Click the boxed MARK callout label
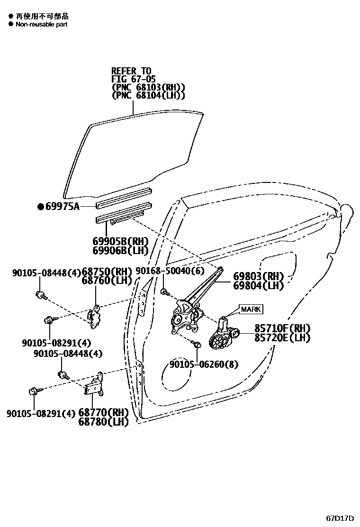pyautogui.click(x=251, y=309)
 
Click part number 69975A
pyautogui.click(x=63, y=206)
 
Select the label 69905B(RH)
pyautogui.click(x=120, y=242)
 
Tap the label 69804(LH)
pyautogui.click(x=258, y=285)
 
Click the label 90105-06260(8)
pyautogui.click(x=204, y=364)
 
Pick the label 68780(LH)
pyautogui.click(x=103, y=421)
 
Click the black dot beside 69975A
pyautogui.click(x=41, y=206)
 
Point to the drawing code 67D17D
pyautogui.click(x=340, y=517)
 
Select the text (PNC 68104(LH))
pyautogui.click(x=148, y=95)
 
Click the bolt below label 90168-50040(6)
pyautogui.click(x=164, y=291)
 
